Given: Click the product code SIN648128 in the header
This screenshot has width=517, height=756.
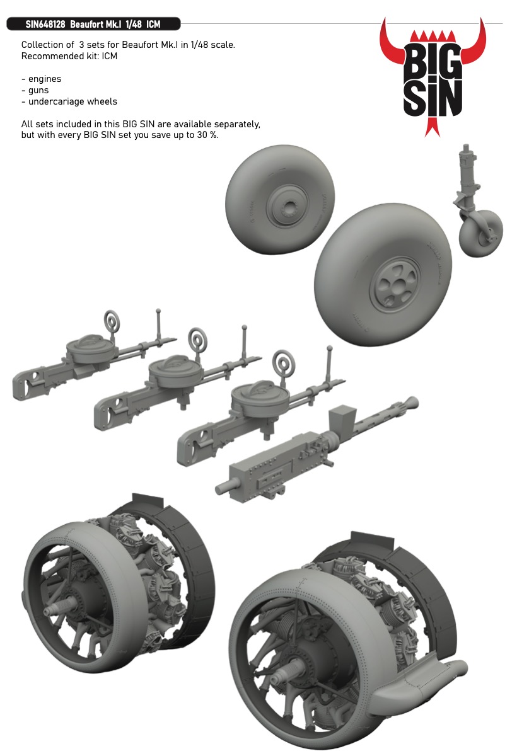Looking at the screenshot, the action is click(45, 25).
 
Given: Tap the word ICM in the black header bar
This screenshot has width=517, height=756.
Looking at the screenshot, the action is click(153, 25).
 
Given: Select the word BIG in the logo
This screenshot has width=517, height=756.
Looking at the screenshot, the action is click(433, 62).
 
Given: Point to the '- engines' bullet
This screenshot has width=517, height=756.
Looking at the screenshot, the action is click(41, 79).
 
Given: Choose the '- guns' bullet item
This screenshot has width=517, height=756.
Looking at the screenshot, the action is click(35, 91).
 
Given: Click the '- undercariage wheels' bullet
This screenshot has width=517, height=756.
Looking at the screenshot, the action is click(69, 101).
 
